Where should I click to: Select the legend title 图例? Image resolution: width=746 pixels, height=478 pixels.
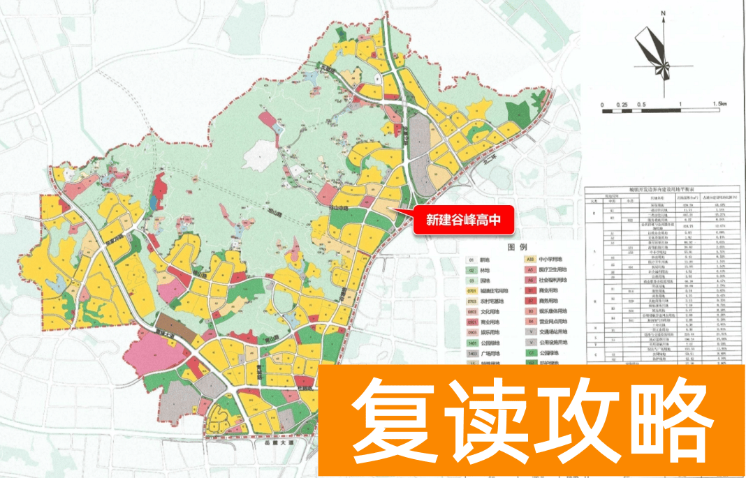pyautogui.click(x=518, y=247)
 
